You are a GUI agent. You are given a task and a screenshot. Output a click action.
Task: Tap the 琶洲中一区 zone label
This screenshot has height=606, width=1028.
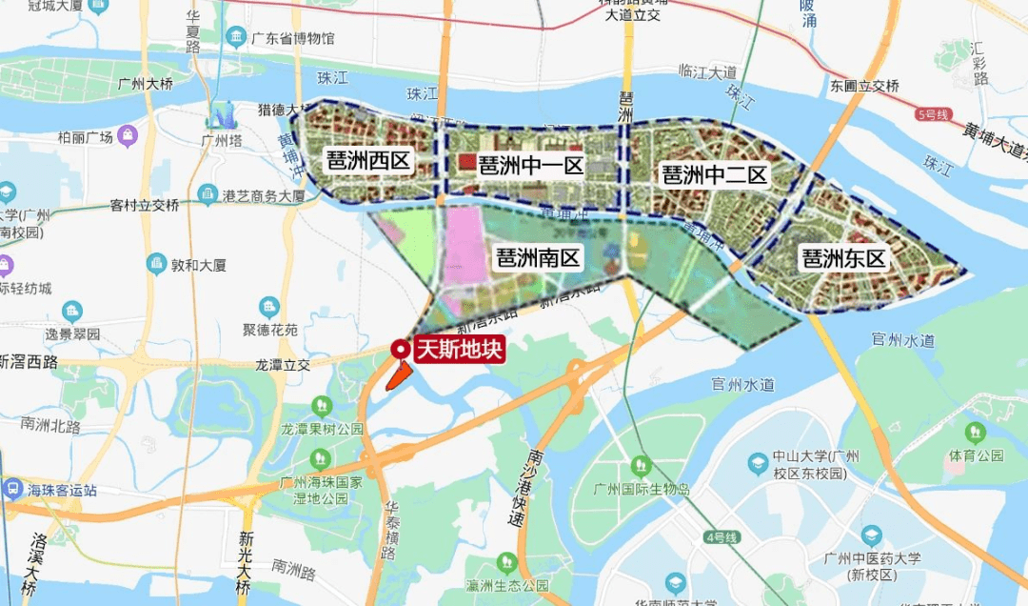(x=531, y=164)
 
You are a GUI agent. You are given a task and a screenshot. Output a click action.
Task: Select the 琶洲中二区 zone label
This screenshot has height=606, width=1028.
(x=714, y=174)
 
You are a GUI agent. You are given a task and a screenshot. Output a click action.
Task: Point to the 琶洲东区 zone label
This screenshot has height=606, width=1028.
(x=843, y=258)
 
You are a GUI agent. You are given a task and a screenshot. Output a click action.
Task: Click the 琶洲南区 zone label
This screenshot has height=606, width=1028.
(x=538, y=258)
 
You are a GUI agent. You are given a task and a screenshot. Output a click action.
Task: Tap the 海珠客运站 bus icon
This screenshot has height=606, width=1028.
(x=13, y=490)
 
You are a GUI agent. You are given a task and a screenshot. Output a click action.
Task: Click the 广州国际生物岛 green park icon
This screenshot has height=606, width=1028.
(x=641, y=466)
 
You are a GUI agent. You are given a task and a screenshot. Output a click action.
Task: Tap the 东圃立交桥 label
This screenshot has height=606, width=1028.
(x=864, y=86)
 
